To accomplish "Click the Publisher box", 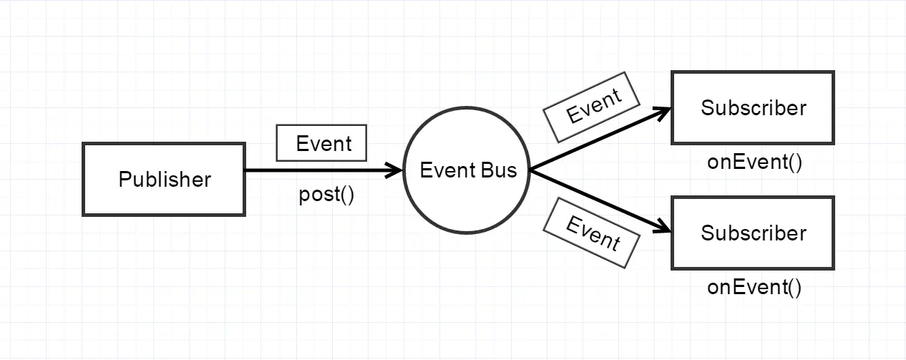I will pos(164,179).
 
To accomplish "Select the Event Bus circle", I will pos(467,171).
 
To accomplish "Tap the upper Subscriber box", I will pos(753,108).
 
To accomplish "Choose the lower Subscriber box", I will pos(753,233).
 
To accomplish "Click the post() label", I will pos(326,195).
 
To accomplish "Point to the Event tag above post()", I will pos(322,143).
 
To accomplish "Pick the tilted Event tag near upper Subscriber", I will pos(592,107).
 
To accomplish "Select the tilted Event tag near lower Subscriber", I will pos(591,233).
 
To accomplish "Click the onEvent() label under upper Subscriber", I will pos(754,162).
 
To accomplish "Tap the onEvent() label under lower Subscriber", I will pos(754,288).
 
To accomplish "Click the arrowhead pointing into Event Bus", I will pos(394,170).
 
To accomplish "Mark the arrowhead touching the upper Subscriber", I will pos(663,112).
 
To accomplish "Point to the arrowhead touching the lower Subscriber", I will pos(663,228).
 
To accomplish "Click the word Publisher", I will pos(164,179).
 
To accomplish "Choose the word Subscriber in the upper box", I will pos(753,108).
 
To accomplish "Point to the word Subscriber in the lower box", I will pos(753,233).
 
